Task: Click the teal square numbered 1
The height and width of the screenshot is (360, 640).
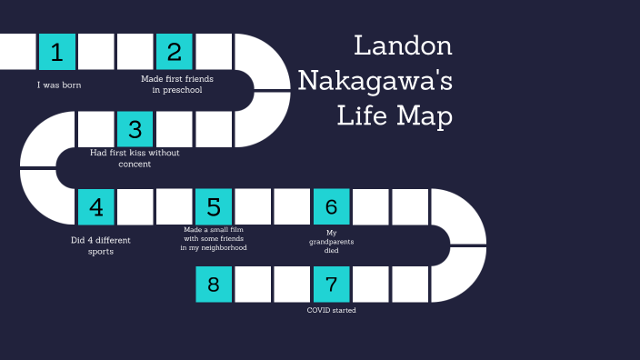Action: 56,52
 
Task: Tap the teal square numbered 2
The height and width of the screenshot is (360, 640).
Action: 175,52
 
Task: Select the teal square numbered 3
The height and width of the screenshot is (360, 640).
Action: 135,129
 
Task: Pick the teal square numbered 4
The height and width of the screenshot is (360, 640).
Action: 95,207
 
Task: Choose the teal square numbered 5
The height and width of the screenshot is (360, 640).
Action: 214,207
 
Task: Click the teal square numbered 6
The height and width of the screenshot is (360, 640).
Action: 331,207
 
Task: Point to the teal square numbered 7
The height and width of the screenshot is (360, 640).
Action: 331,285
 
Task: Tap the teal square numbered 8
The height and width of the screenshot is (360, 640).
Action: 214,285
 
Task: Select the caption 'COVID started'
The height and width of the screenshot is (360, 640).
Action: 331,310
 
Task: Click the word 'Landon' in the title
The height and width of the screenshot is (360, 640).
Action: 403,46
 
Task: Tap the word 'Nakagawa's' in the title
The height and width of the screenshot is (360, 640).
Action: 375,81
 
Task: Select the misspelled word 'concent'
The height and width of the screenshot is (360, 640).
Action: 134,164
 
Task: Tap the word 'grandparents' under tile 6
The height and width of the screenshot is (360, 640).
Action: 331,242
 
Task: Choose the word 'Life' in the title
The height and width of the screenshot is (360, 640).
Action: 360,116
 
